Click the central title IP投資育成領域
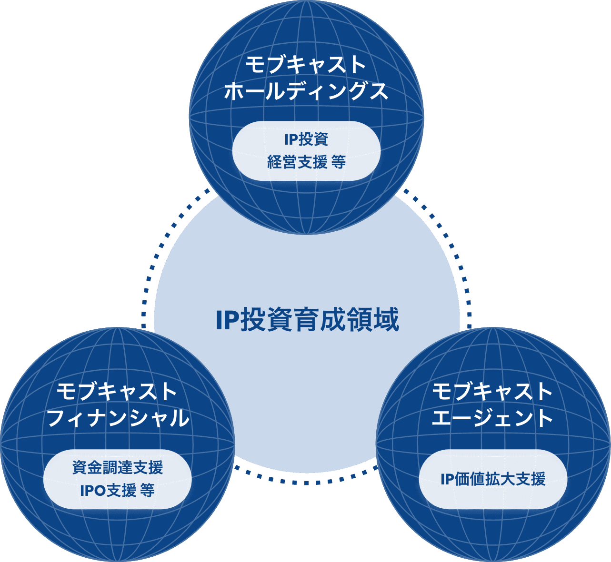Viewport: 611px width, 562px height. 307,320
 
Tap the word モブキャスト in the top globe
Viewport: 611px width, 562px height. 306,65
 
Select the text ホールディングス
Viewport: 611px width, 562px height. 306,91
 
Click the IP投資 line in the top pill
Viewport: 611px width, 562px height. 306,139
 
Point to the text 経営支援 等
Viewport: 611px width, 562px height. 306,162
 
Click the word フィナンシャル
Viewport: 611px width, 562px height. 118,419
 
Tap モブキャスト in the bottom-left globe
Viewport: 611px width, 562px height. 117,393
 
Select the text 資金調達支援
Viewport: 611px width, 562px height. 118,468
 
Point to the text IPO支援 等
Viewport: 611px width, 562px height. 118,491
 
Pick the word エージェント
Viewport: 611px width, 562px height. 492,419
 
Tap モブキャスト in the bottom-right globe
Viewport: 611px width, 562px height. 492,393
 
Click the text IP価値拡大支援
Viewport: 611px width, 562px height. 493,479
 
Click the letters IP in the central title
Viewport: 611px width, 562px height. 226,320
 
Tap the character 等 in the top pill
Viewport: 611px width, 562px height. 338,162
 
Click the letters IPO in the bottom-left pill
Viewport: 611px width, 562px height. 92,491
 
